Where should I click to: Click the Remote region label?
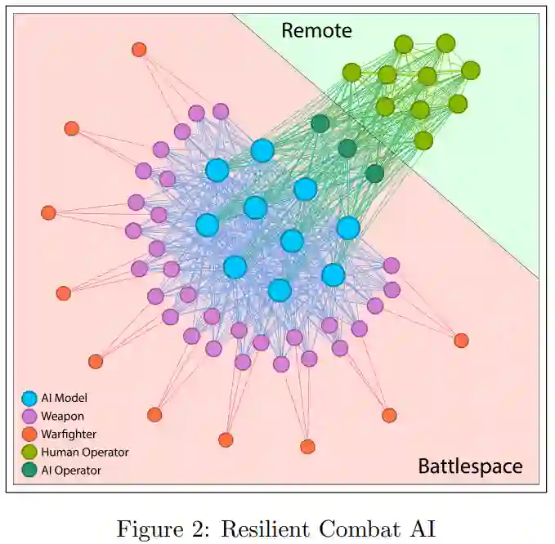pyautogui.click(x=316, y=31)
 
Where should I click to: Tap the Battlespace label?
pyautogui.click(x=470, y=466)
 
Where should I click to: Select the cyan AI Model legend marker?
pyautogui.click(x=29, y=399)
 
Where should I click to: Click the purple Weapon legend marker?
pyautogui.click(x=29, y=417)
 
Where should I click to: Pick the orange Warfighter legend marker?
pyautogui.click(x=29, y=434)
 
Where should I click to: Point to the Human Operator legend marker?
pyautogui.click(x=29, y=452)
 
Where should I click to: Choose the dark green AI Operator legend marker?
pyautogui.click(x=29, y=470)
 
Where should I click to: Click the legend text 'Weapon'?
pyautogui.click(x=62, y=417)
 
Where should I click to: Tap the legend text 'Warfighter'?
pyautogui.click(x=68, y=434)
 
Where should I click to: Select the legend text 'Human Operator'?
pyautogui.click(x=84, y=452)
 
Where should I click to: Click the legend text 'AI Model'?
pyautogui.click(x=64, y=399)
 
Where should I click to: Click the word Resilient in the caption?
pyautogui.click(x=269, y=528)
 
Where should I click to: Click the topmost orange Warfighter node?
pyautogui.click(x=139, y=50)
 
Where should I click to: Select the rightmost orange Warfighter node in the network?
pyautogui.click(x=461, y=341)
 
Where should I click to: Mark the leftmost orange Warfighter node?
pyautogui.click(x=48, y=213)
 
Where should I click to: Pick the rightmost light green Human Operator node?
pyautogui.click(x=470, y=70)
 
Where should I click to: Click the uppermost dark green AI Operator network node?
pyautogui.click(x=320, y=123)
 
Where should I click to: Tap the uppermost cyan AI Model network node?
pyautogui.click(x=262, y=150)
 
